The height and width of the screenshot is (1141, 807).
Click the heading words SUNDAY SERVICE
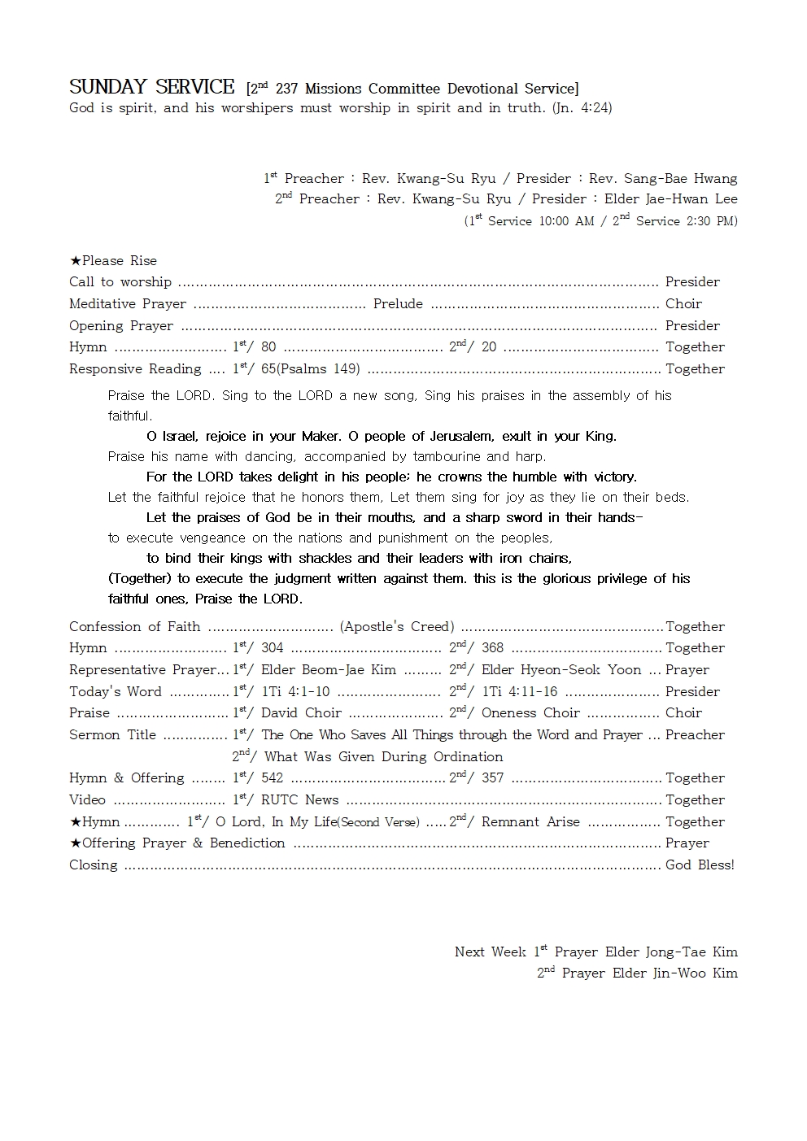tap(151, 87)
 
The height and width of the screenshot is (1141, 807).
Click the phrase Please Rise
tap(119, 261)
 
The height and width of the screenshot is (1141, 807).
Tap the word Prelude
tap(398, 304)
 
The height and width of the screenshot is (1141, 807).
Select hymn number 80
tap(268, 347)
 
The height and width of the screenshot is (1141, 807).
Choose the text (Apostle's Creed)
tap(397, 627)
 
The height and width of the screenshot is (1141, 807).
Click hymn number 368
tap(492, 648)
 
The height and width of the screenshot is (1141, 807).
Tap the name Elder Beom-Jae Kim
tap(329, 670)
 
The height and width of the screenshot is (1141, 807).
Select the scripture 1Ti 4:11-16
tap(519, 692)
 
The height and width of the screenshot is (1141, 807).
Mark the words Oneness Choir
tap(530, 713)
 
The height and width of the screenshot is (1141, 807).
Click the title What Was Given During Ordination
tap(383, 757)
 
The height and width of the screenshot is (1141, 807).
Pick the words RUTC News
tap(299, 800)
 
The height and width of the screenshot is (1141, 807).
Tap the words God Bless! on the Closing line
tap(700, 865)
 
